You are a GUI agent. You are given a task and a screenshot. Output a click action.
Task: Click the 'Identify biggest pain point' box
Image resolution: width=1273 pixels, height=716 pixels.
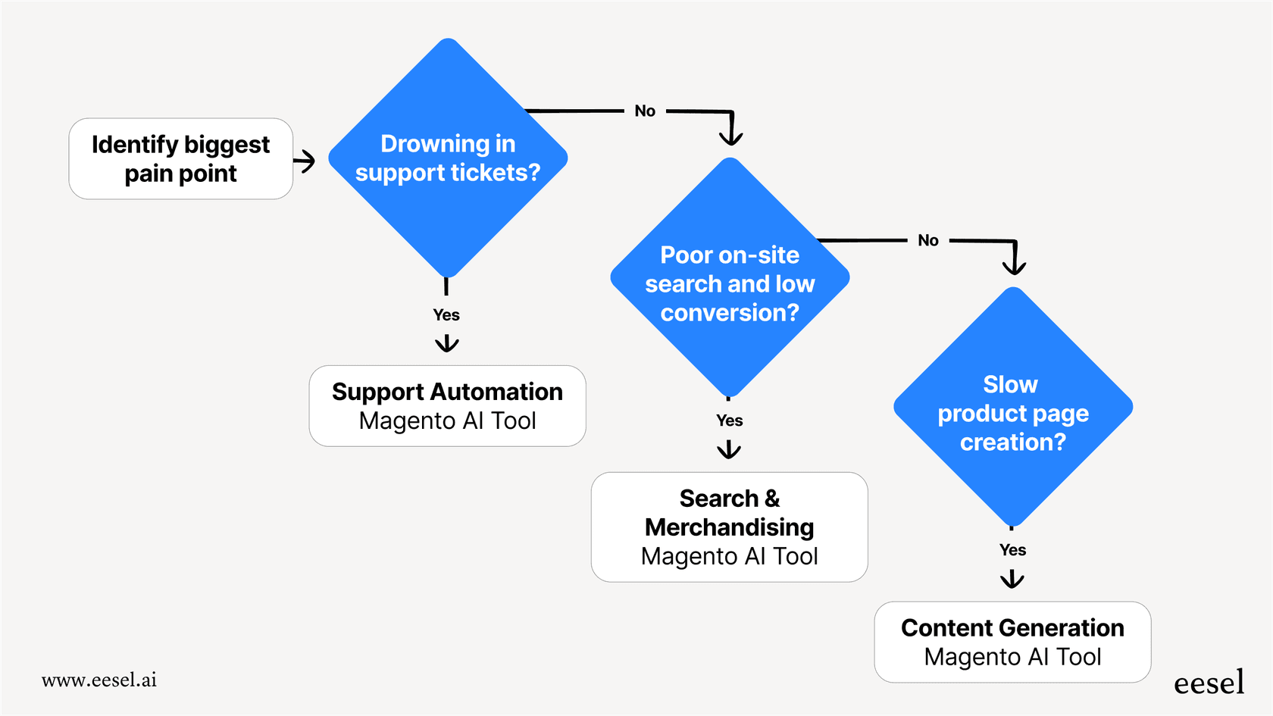[x=180, y=158]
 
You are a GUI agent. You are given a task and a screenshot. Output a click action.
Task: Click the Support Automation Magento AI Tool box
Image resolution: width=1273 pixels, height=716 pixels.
[x=447, y=406]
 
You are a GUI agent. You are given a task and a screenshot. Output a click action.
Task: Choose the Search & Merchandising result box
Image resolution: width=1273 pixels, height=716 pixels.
[x=729, y=527]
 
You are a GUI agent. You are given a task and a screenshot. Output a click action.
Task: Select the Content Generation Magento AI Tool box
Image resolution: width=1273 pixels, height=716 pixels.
[x=1012, y=642]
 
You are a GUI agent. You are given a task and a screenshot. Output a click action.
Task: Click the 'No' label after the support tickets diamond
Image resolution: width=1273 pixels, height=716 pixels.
[x=645, y=111]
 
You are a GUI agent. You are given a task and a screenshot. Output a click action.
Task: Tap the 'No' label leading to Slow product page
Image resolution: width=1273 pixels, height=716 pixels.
[x=927, y=241]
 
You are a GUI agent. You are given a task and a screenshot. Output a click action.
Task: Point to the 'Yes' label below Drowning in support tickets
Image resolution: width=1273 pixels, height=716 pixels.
[x=446, y=314]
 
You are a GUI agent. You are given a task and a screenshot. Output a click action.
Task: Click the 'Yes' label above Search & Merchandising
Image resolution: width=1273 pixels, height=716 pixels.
[x=729, y=421]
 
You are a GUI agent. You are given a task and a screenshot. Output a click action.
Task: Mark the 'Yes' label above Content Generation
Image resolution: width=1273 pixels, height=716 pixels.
[x=1012, y=550]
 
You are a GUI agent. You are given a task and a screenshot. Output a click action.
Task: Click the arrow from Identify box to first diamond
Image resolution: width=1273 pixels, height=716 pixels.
[x=305, y=161]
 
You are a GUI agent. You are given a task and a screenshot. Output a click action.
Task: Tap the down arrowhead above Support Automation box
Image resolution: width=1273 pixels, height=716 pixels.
[x=447, y=344]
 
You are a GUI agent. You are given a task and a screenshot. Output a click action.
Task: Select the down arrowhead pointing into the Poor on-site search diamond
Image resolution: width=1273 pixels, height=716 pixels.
[x=731, y=137]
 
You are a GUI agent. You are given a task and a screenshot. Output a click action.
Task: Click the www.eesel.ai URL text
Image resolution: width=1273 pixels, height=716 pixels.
[x=99, y=680]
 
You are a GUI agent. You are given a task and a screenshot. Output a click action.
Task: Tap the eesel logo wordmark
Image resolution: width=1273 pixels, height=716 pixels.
[x=1209, y=683]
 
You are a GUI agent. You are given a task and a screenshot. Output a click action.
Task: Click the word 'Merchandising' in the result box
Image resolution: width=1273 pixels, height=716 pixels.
[x=729, y=527]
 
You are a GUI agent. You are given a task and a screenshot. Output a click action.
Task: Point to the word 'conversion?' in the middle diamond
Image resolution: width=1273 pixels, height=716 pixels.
[x=729, y=312]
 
